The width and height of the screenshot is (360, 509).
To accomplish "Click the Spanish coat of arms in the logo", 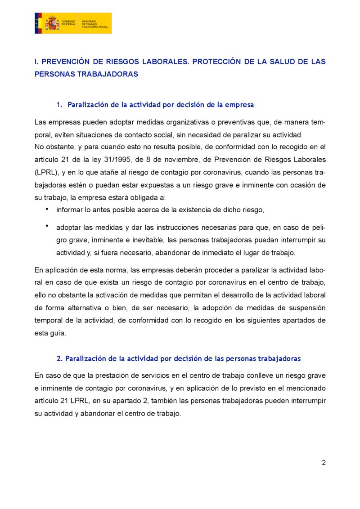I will click(52, 23).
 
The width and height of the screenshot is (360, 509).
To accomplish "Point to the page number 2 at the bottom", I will click(324, 463).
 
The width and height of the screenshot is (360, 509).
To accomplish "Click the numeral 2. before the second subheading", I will click(59, 359).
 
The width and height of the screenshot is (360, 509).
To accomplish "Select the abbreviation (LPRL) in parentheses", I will click(46, 172).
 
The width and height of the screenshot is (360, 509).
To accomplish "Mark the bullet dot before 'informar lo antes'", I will click(47, 209).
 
